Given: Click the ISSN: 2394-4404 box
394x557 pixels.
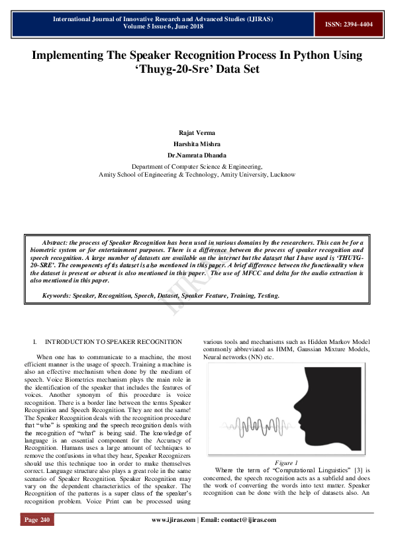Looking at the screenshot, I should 348,24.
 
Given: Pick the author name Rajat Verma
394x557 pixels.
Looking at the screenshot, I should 197,133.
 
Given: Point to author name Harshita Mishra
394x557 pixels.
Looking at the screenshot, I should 197,144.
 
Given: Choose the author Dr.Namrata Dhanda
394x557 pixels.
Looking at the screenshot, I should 197,155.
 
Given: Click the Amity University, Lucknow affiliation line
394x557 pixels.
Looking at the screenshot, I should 197,175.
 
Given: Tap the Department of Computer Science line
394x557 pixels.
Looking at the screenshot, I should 197,167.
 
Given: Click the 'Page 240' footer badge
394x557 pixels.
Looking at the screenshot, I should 37,520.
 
